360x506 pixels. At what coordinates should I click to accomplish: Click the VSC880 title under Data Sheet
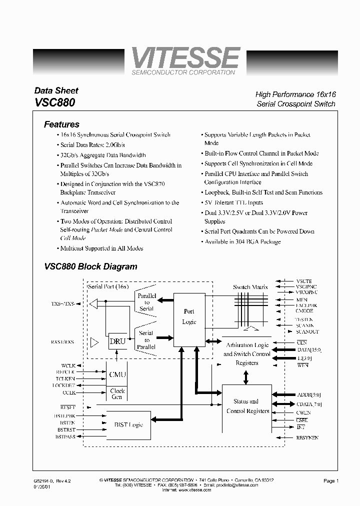tap(55, 102)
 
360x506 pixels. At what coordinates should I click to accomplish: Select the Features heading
tap(61, 124)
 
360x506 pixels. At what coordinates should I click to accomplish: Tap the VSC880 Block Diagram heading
tap(90, 266)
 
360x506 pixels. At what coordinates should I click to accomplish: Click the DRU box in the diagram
tap(117, 342)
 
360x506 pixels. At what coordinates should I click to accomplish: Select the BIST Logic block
tap(128, 424)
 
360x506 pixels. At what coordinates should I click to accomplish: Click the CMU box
tap(117, 374)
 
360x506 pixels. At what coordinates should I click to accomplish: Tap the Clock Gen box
tap(117, 393)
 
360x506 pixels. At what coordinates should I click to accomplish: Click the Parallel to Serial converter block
tap(146, 302)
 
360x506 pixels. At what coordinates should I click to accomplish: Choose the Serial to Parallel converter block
tap(146, 339)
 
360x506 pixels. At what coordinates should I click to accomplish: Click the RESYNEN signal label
tap(307, 437)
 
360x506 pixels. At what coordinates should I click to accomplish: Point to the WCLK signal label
tap(68, 365)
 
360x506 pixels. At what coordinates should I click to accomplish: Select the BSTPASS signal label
tap(65, 436)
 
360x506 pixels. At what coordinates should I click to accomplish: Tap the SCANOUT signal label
tap(307, 332)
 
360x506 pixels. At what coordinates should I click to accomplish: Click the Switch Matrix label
tap(250, 287)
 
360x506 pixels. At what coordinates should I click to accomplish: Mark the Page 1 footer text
tap(331, 481)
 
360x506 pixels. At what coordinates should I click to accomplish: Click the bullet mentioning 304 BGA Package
tap(242, 241)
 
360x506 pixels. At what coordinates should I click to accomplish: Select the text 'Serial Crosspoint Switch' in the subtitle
tap(295, 104)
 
